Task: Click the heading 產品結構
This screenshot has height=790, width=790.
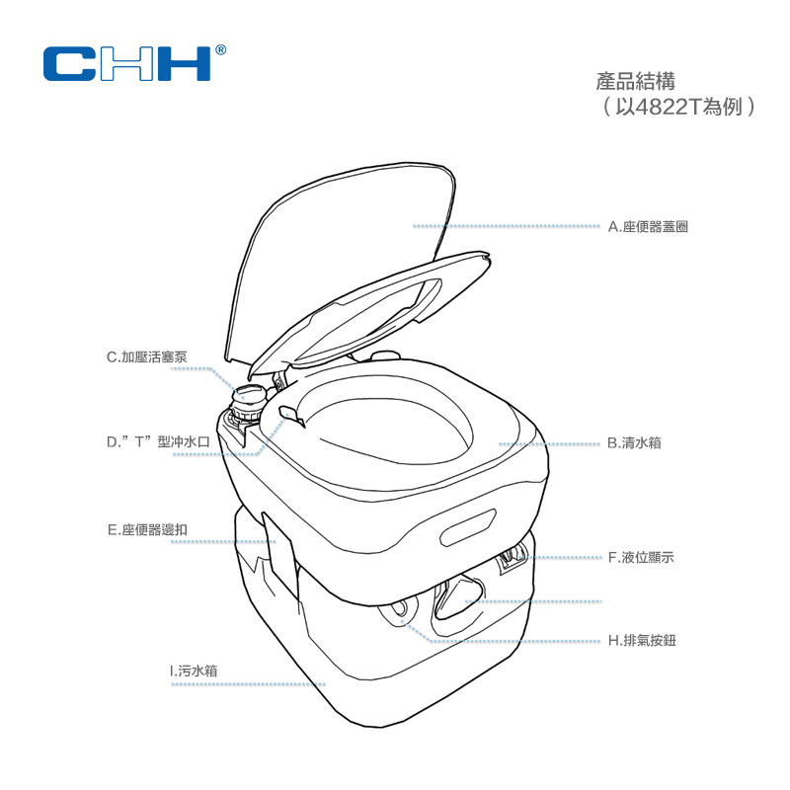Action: coord(635,80)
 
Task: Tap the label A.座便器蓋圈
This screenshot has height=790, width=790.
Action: coord(648,226)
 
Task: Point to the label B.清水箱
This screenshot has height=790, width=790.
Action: coord(634,443)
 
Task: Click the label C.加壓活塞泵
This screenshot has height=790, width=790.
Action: coord(147,356)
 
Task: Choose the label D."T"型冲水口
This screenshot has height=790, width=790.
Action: coord(159,441)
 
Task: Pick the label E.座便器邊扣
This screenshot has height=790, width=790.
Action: coord(147,529)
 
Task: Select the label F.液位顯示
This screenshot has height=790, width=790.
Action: coord(641,557)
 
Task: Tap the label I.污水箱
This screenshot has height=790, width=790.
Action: coord(194,671)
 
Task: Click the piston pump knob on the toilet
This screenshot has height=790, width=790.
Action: coord(248,397)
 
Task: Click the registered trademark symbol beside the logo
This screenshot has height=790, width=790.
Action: coord(220,47)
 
